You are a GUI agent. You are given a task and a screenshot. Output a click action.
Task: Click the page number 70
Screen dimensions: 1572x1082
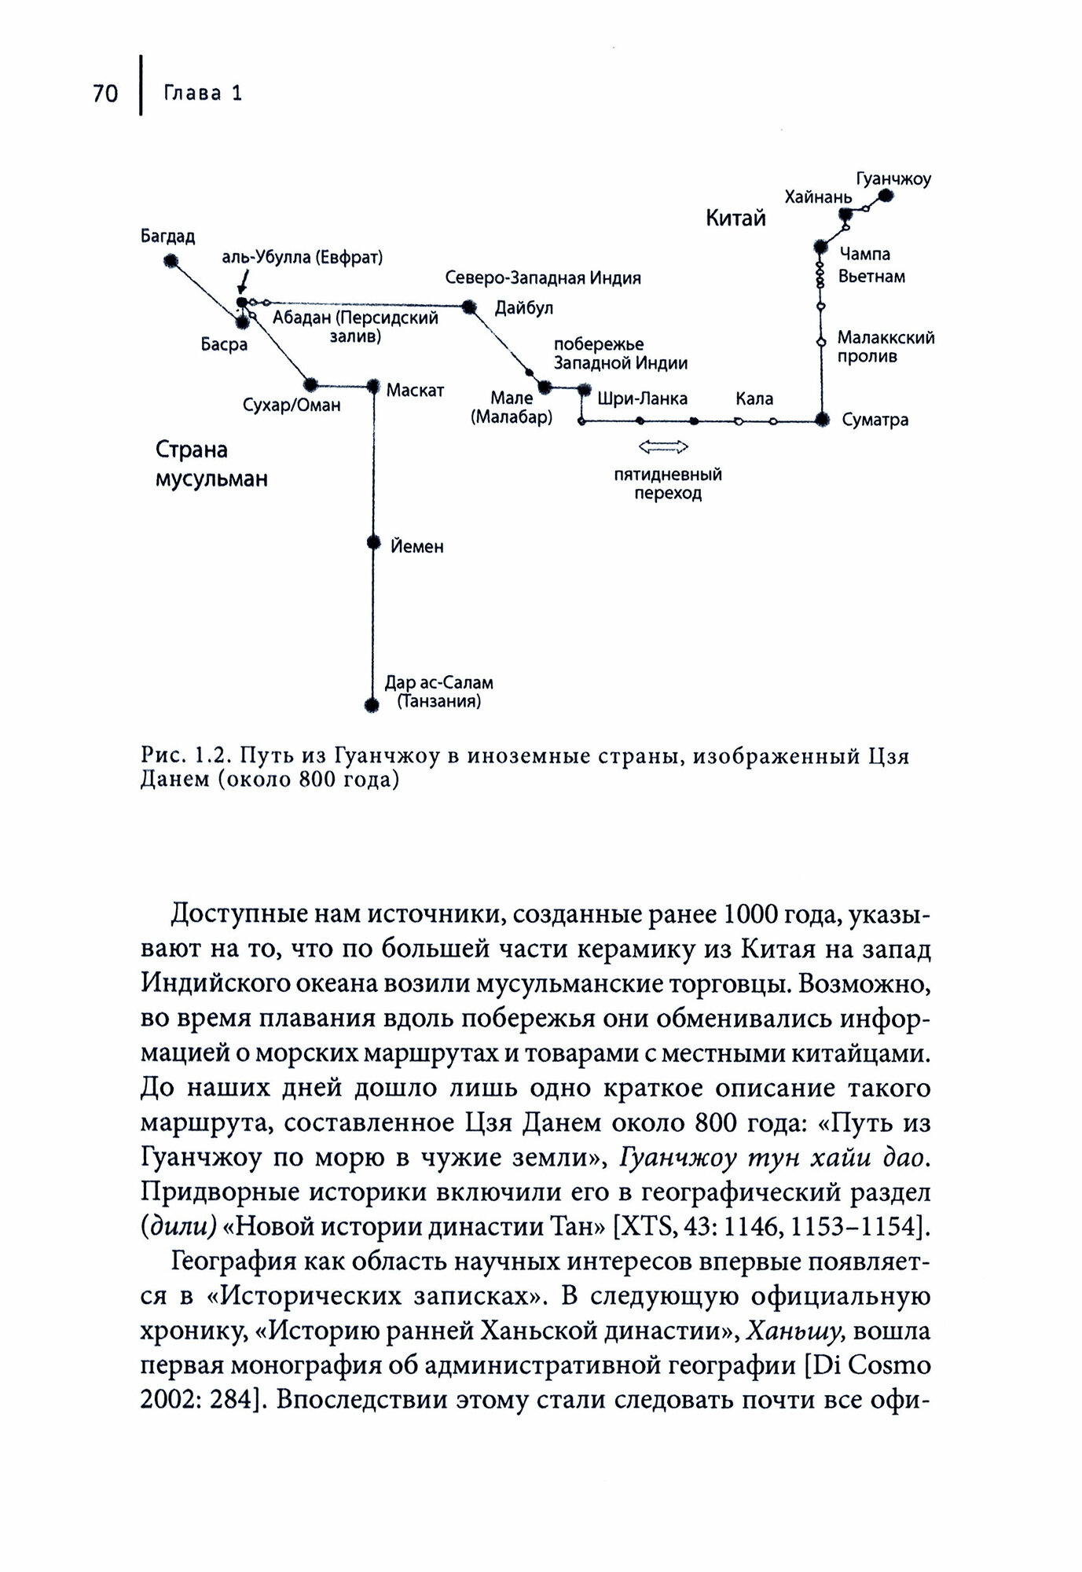click(x=105, y=94)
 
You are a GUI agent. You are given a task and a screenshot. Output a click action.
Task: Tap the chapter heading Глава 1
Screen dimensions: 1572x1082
click(x=203, y=94)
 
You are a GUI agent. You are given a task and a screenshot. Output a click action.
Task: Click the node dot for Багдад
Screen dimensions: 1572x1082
click(x=170, y=260)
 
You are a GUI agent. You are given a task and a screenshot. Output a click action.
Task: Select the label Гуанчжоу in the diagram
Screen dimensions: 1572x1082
click(x=893, y=179)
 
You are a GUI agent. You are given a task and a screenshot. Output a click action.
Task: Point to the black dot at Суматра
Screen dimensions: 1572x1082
click(x=822, y=420)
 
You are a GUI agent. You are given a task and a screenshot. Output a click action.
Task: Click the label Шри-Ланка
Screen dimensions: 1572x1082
click(x=642, y=399)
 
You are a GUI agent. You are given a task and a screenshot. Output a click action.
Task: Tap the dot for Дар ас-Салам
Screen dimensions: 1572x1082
click(x=372, y=704)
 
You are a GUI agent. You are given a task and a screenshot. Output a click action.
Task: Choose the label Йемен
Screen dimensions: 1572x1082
click(x=417, y=546)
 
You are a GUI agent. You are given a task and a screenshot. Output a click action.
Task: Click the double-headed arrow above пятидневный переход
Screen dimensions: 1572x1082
click(x=664, y=447)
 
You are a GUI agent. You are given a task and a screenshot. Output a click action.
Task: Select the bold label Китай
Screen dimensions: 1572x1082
click(x=735, y=218)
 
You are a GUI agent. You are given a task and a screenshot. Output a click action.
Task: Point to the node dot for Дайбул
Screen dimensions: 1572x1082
click(x=469, y=307)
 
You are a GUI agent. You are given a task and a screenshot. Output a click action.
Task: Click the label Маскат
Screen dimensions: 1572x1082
click(x=415, y=391)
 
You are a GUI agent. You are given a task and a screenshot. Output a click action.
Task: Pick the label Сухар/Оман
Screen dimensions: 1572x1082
click(x=292, y=406)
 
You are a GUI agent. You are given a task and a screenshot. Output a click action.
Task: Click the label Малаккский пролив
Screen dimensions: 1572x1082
click(x=886, y=347)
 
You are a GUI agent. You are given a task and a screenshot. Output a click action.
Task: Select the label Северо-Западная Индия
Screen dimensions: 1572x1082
click(x=543, y=278)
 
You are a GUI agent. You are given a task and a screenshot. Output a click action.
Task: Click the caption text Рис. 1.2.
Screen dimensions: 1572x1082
click(x=184, y=757)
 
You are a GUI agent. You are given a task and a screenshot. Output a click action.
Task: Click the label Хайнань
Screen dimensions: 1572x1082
click(x=818, y=196)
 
